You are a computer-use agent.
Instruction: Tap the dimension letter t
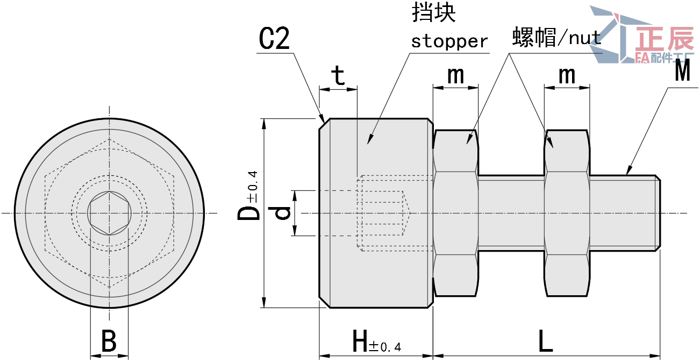(x=338, y=76)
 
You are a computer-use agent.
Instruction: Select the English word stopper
(x=449, y=41)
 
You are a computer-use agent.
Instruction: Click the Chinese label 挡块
(x=433, y=13)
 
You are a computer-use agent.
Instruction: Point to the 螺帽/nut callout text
(x=556, y=38)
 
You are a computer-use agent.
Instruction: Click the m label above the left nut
(x=455, y=75)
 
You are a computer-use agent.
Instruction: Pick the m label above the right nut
(x=567, y=75)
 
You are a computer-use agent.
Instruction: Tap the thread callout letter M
(x=682, y=72)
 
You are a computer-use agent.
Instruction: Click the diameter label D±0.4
(x=249, y=196)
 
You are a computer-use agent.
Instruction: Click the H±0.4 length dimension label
(x=376, y=342)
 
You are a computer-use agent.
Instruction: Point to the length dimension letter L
(x=545, y=342)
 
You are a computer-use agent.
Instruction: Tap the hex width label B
(x=109, y=342)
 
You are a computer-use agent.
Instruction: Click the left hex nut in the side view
(x=455, y=213)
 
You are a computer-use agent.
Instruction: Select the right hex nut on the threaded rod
(x=567, y=213)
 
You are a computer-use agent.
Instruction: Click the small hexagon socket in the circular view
(x=110, y=213)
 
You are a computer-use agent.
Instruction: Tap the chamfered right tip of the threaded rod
(x=658, y=213)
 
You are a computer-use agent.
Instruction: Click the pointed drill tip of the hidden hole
(x=408, y=213)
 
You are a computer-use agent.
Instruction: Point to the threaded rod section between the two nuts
(x=511, y=213)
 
